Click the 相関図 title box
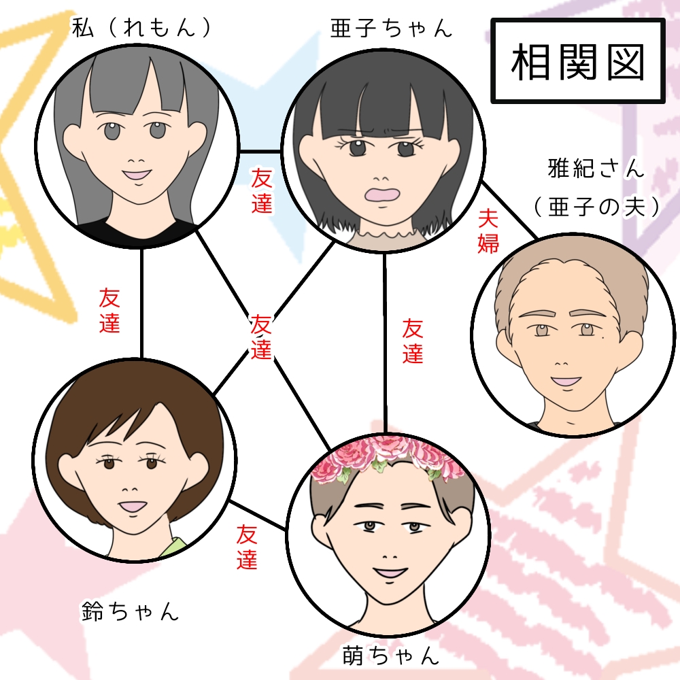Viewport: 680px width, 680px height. click(x=577, y=61)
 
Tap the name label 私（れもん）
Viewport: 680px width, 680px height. click(x=141, y=28)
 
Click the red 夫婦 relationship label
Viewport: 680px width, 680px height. click(x=488, y=231)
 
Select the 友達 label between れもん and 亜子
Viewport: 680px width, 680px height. click(x=262, y=192)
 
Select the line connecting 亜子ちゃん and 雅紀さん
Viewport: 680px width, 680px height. click(x=509, y=210)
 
